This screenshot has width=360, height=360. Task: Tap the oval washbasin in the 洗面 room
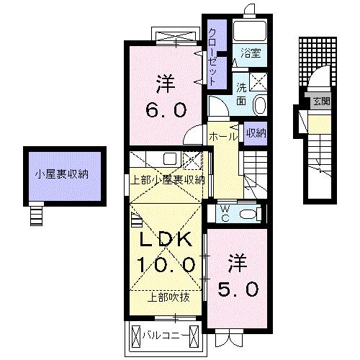[260, 106]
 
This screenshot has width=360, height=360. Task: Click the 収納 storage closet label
[254, 133]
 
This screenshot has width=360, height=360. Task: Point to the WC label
[222, 213]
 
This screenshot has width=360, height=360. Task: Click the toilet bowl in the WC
[248, 213]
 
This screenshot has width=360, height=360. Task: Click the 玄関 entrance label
[321, 102]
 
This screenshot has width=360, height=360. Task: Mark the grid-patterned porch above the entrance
[314, 59]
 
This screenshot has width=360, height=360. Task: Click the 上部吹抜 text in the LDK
[168, 296]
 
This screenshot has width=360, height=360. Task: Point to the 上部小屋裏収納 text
[168, 179]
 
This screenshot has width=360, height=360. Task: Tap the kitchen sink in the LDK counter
[170, 159]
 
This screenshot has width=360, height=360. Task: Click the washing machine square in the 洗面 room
[259, 80]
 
